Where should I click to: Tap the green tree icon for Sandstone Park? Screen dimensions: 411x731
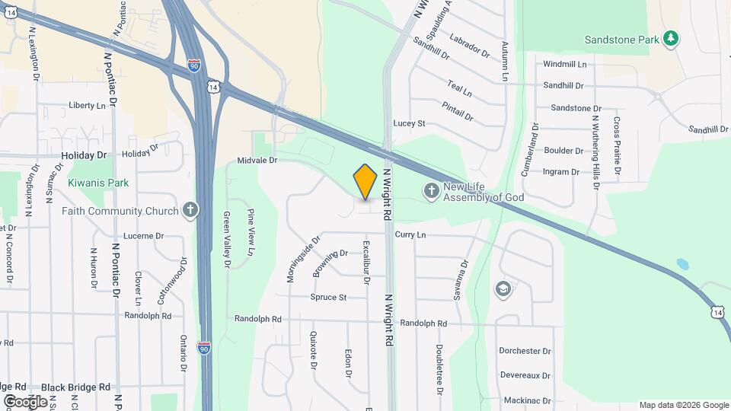coord(671,38)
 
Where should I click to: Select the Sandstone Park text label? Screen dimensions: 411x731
coord(621,40)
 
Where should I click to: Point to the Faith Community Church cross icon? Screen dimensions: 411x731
coord(190,211)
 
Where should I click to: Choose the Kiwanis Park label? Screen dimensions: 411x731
coord(98,183)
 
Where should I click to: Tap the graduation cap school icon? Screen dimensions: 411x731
coord(503,288)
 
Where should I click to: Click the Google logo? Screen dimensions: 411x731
coord(25,401)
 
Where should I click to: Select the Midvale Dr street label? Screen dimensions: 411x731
coord(257,161)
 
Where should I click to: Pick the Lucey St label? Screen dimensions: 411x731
coord(409,123)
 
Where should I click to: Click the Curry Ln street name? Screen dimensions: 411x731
coord(410,235)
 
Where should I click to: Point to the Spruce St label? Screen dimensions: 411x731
coord(328,297)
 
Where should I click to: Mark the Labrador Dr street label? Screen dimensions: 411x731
coord(469,46)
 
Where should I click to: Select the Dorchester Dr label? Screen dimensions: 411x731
coord(525,352)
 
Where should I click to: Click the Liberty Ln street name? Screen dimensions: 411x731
coord(87,105)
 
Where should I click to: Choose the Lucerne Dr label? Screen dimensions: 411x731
coord(144,236)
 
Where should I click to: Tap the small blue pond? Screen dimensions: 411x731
coord(682,264)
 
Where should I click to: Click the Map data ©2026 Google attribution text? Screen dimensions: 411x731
coord(684,405)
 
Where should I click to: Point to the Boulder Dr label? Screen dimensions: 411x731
coord(563,151)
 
